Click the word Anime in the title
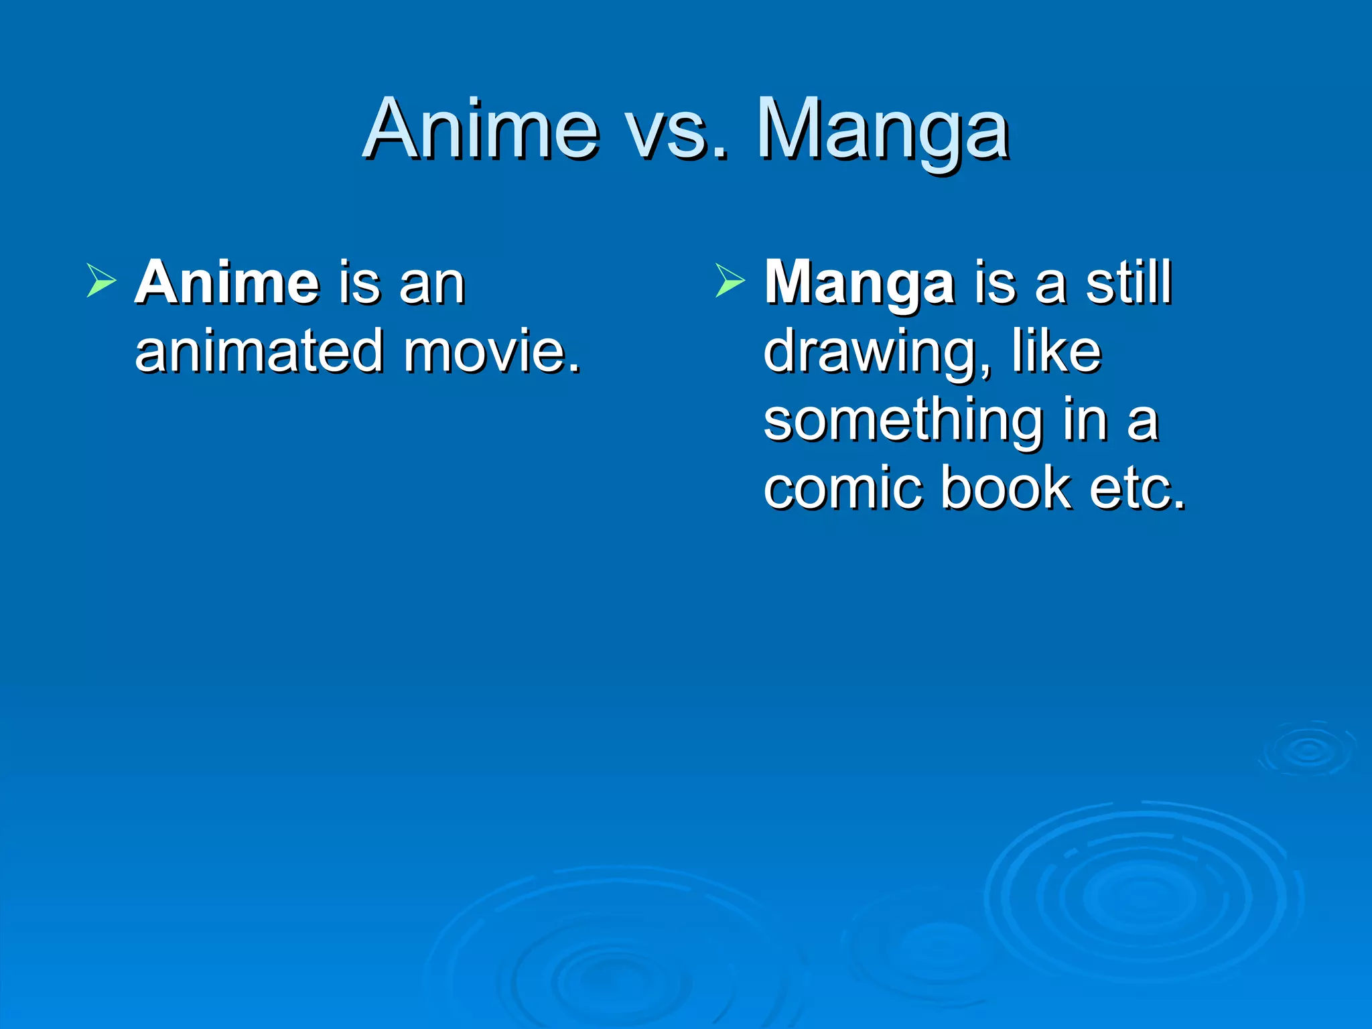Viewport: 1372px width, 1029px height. click(481, 129)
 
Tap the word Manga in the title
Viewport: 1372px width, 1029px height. click(883, 131)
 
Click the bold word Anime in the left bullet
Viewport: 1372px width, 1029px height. click(227, 283)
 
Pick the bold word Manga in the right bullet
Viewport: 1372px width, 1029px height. click(860, 284)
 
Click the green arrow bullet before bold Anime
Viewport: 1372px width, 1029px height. click(102, 280)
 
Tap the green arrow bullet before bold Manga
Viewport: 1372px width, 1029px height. click(730, 280)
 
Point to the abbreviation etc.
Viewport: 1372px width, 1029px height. click(1138, 489)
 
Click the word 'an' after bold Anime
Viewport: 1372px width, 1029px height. click(432, 284)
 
